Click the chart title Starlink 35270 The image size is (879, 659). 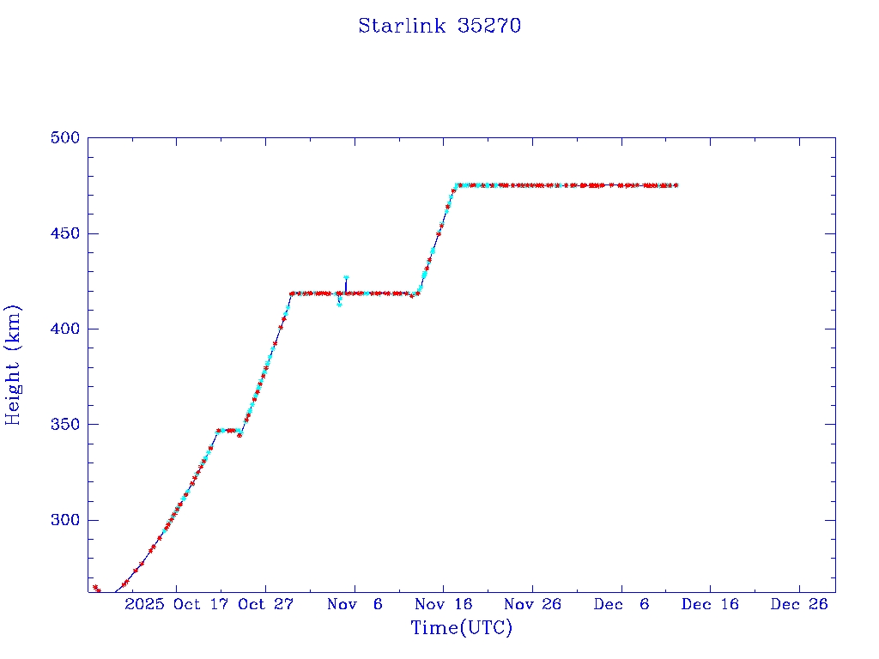439,26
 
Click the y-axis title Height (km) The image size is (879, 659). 13,365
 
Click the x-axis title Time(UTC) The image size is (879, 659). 461,628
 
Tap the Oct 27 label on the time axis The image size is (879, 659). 265,604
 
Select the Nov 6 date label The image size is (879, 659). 355,604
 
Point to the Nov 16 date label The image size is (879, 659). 443,604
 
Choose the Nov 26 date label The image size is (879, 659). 532,604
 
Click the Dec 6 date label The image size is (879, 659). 621,604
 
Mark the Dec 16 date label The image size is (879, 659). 710,604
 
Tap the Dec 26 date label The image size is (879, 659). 799,604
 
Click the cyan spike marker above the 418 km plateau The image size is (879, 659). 346,277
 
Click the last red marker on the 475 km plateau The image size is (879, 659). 676,185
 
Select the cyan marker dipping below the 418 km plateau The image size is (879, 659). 340,304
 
